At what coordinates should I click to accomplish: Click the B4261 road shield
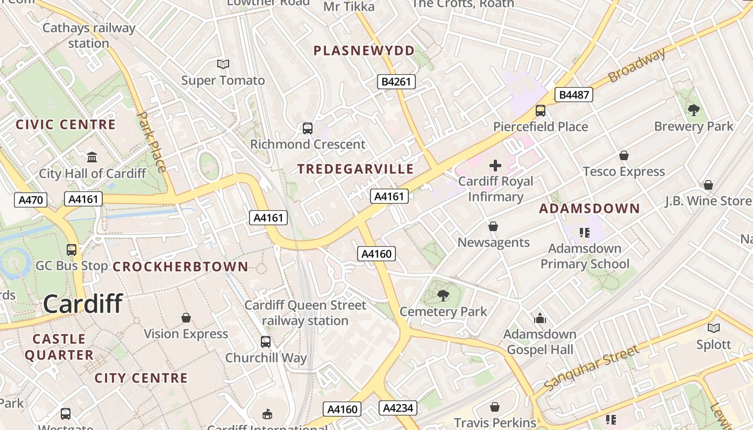click(395, 82)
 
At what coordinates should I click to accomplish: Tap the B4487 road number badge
click(574, 95)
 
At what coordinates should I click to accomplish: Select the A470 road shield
click(30, 200)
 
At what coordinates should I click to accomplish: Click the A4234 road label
click(398, 408)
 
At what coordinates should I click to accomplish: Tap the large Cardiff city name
click(83, 304)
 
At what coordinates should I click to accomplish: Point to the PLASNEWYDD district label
click(364, 51)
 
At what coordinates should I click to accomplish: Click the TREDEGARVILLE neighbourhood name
click(356, 169)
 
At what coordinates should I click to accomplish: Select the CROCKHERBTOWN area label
click(180, 267)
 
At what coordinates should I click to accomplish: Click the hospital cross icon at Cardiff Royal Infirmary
click(495, 166)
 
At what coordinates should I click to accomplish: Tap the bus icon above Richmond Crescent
click(307, 128)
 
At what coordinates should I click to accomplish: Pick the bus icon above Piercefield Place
click(541, 111)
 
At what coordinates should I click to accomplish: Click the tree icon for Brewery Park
click(693, 110)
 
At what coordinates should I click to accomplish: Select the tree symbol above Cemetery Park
click(443, 295)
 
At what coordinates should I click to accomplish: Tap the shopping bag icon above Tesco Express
click(624, 155)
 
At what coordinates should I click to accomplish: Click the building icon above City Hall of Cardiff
click(92, 157)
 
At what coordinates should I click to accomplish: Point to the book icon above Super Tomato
click(223, 64)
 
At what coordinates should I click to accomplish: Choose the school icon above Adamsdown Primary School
click(585, 233)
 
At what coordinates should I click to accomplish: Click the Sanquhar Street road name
click(592, 368)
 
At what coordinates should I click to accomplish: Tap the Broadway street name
click(637, 65)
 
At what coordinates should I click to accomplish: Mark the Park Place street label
click(151, 141)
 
